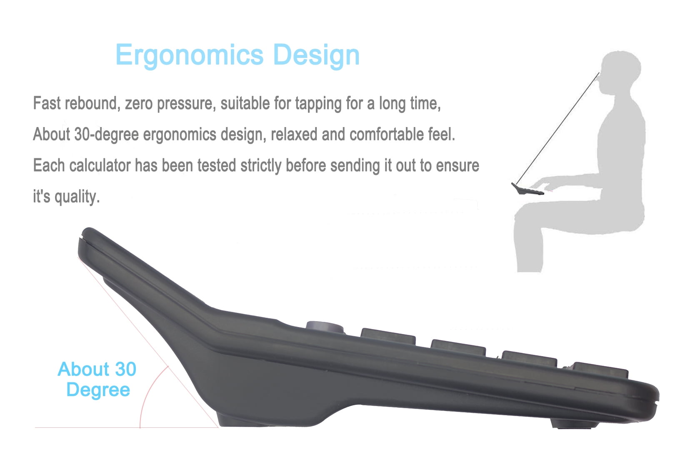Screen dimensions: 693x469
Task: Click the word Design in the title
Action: [x=316, y=55]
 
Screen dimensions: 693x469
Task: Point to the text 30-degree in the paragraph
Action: [x=106, y=135]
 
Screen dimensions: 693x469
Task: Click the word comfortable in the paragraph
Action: [x=386, y=134]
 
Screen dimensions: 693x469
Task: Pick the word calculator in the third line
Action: [x=100, y=165]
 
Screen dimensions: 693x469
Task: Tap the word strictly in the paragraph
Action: [x=261, y=166]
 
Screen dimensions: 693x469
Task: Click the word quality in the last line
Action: [x=78, y=197]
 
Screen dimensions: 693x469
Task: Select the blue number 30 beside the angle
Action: [x=125, y=369]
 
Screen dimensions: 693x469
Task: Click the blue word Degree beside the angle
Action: [x=98, y=389]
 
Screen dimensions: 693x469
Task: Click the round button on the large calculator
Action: [x=325, y=327]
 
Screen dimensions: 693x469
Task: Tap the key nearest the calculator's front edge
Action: [x=600, y=370]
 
